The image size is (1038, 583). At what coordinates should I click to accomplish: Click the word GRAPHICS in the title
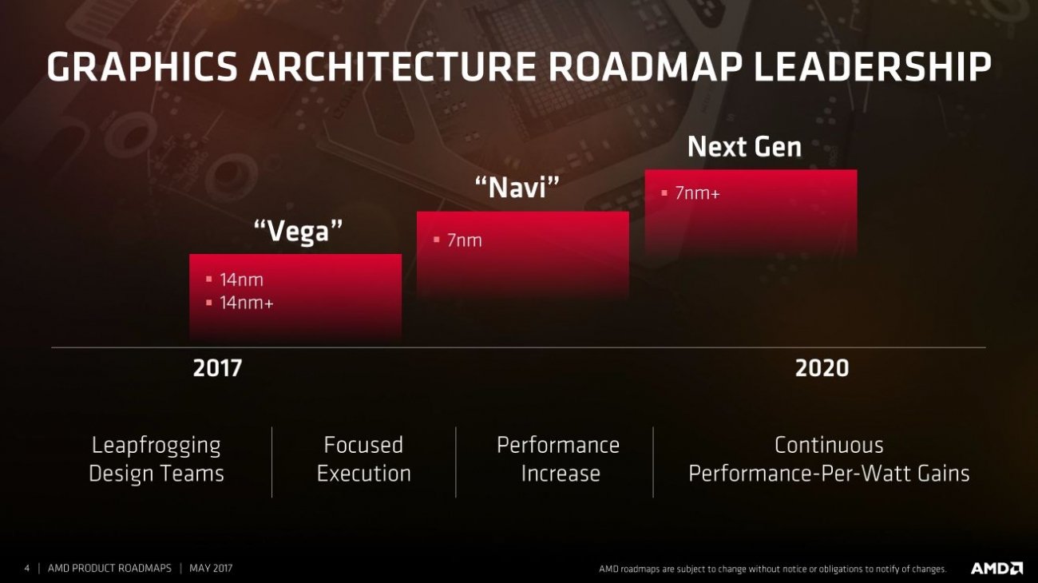click(141, 68)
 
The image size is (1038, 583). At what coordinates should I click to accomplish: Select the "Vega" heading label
click(298, 232)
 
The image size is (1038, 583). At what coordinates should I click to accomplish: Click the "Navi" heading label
click(517, 189)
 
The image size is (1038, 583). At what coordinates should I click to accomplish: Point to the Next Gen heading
click(744, 147)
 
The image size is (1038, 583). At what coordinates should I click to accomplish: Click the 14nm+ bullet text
click(246, 303)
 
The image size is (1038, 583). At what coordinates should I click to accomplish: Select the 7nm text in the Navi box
click(464, 240)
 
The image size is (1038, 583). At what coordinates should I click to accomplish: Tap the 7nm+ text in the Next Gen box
click(697, 192)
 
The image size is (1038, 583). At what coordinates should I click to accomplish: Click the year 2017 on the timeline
click(216, 368)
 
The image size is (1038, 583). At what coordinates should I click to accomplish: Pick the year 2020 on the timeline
click(822, 368)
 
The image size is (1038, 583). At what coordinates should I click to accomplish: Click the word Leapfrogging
click(156, 445)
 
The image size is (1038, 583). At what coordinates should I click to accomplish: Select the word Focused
click(363, 445)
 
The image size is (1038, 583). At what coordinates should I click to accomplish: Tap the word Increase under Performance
click(560, 474)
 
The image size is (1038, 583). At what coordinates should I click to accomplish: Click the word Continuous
click(829, 445)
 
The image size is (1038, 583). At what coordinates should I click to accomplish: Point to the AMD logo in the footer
click(996, 569)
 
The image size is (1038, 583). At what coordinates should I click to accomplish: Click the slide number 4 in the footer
click(26, 569)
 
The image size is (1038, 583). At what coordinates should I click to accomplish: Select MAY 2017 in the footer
click(211, 569)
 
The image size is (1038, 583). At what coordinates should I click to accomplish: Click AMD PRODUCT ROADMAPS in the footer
click(109, 569)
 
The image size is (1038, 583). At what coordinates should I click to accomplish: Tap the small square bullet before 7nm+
click(664, 192)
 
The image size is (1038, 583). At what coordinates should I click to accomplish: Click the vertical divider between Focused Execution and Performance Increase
click(456, 462)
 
